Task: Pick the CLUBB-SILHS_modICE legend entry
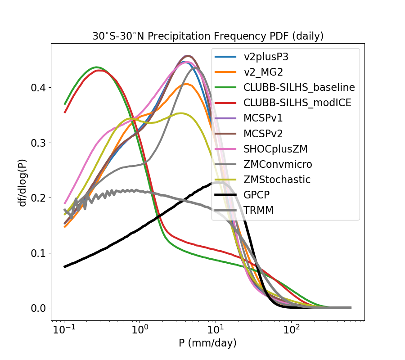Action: pos(298,103)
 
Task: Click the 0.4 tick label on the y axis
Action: pos(39,87)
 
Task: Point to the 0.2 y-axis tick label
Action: pos(39,198)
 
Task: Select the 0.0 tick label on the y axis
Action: pos(39,308)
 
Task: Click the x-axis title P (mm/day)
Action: pos(207,343)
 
